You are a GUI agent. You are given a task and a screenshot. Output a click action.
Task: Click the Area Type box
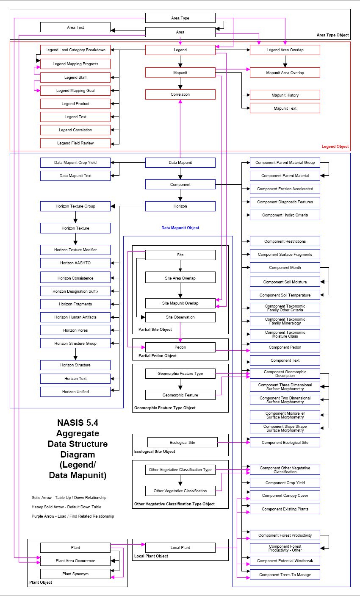180,18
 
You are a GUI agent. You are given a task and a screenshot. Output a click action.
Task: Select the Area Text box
75,28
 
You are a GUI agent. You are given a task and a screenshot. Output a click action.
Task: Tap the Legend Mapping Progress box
75,64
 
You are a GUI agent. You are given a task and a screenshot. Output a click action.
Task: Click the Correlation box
180,94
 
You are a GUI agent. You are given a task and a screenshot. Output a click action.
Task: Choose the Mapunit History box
285,95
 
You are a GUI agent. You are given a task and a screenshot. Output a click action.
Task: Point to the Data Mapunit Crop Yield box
75,162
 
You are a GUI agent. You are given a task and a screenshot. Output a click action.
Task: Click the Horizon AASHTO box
75,263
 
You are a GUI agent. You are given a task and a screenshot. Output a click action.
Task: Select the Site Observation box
180,317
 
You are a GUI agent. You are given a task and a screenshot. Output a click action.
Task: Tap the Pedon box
180,347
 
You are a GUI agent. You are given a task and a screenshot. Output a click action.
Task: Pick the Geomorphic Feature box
180,395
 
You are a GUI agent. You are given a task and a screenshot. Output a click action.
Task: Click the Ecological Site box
182,442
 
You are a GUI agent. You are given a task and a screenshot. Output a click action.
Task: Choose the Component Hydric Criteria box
285,215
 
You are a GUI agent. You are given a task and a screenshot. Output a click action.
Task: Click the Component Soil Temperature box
285,295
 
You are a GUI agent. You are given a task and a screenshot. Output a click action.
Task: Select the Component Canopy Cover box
285,496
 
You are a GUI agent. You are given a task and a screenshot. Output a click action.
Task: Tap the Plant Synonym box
75,574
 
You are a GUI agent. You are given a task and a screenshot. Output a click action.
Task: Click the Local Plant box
180,548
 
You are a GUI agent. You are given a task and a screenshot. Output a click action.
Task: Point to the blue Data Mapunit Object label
180,228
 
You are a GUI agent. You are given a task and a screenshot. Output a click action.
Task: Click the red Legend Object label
335,147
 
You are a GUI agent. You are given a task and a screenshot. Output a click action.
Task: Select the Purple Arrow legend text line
72,516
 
